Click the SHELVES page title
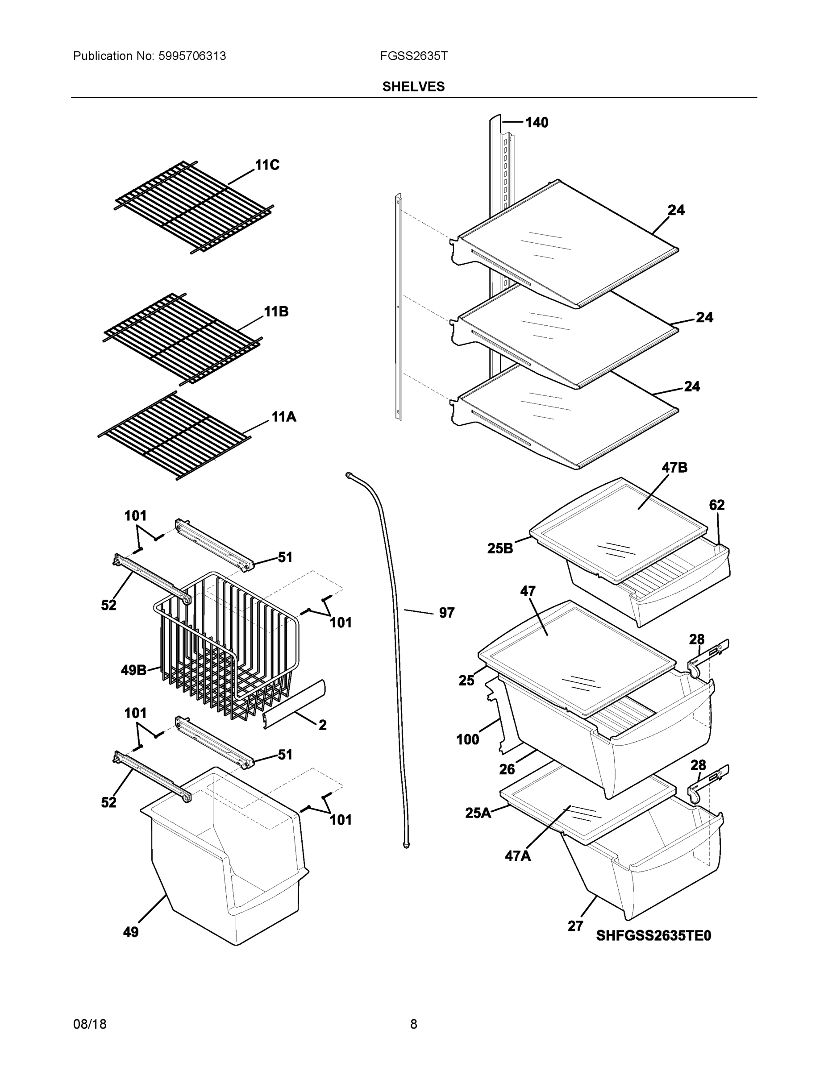[x=413, y=87]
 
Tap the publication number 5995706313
[x=192, y=56]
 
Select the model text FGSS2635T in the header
[x=413, y=56]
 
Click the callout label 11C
[x=267, y=165]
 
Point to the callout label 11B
[x=276, y=311]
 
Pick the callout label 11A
[x=284, y=417]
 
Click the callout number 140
[x=537, y=123]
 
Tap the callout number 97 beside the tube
[x=446, y=613]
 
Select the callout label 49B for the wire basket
[x=133, y=670]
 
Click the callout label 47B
[x=674, y=468]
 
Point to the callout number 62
[x=717, y=505]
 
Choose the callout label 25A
[x=478, y=813]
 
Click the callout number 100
[x=467, y=739]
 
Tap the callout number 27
[x=575, y=926]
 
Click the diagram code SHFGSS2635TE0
[x=653, y=936]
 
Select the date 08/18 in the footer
[x=90, y=1024]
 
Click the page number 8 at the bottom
[x=413, y=1024]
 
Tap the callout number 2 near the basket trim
[x=322, y=725]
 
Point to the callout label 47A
[x=518, y=856]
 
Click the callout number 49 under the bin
[x=131, y=932]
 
